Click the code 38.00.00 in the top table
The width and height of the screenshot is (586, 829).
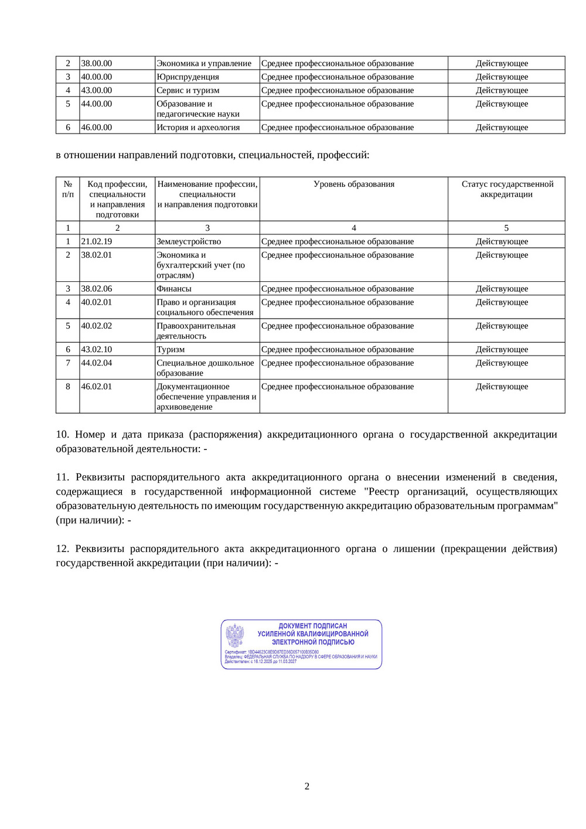pos(97,63)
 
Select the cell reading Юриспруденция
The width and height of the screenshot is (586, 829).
pos(188,77)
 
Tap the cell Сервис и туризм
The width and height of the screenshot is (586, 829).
pos(188,90)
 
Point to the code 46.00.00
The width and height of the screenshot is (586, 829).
pos(97,127)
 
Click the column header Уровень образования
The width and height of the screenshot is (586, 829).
pos(354,184)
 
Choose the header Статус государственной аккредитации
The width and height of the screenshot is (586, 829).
pos(507,189)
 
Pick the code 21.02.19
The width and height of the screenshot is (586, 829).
pos(97,241)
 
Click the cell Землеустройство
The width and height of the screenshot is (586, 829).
pos(189,241)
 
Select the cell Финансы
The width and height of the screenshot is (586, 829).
pos(174,289)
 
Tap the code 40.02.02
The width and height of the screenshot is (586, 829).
pos(97,326)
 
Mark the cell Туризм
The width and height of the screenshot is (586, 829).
pos(171,349)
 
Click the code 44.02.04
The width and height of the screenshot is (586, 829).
pos(97,363)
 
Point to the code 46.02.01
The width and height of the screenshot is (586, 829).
pos(97,387)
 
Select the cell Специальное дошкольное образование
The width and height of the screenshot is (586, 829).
pos(205,368)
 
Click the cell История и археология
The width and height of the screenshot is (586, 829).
pos(198,127)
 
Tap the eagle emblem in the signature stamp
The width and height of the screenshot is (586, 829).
pos(235,636)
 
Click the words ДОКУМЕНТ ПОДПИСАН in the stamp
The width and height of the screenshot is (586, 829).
pos(313,626)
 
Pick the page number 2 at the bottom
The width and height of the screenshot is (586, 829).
pos(306,786)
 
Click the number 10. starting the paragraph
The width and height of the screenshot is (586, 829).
pos(62,434)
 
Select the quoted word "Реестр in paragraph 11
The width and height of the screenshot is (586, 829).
pos(381,492)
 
